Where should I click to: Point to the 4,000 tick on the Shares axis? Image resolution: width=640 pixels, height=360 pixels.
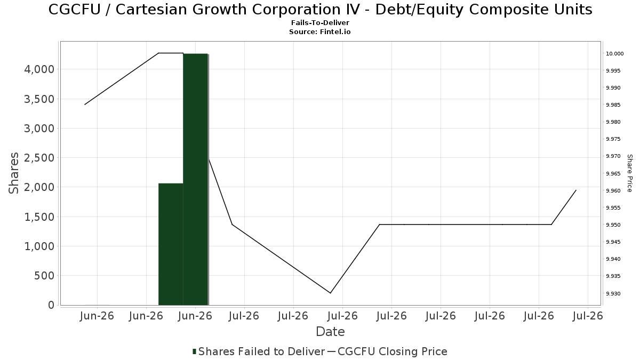[x=39, y=69]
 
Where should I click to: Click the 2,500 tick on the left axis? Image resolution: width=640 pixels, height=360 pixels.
[x=39, y=158]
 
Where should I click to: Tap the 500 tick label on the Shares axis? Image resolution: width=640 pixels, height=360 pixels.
[x=44, y=276]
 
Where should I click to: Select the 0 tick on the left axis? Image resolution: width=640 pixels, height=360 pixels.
[x=51, y=305]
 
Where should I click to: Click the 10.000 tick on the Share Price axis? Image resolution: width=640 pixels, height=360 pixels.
[x=615, y=54]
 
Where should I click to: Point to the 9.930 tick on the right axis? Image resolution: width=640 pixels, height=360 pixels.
[x=613, y=294]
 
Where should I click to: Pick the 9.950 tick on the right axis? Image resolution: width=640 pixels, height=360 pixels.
[x=613, y=225]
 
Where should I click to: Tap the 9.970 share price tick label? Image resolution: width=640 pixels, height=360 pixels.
[x=613, y=156]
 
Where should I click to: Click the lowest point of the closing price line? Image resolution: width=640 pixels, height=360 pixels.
[x=331, y=293]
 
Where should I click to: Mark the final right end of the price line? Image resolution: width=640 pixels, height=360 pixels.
[x=576, y=190]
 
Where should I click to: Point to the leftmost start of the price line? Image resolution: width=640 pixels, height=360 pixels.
[x=85, y=105]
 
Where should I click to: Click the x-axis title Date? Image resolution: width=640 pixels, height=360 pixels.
[x=330, y=332]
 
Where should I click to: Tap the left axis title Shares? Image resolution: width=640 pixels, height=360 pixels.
[x=13, y=173]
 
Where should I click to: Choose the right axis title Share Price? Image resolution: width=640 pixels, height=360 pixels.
[x=629, y=173]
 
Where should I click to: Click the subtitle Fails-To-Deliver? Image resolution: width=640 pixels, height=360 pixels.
[x=320, y=23]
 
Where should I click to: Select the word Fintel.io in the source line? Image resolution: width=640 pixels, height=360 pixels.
[x=335, y=32]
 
